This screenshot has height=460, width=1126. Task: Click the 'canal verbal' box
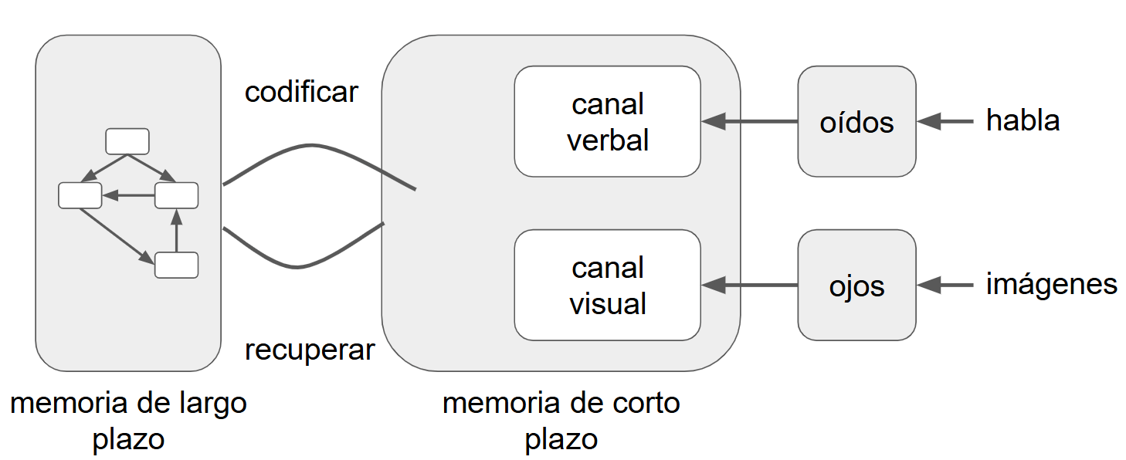[x=607, y=122]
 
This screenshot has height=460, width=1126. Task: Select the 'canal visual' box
[x=607, y=286]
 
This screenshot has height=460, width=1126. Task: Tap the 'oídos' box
[x=856, y=122]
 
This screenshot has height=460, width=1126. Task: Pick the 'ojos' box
[x=856, y=286]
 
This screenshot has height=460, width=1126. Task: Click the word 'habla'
[x=1023, y=120]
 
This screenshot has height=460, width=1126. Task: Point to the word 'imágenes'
[x=1051, y=284]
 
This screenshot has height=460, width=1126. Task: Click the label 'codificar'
[x=301, y=92]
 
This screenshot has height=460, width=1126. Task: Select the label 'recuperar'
[x=309, y=350]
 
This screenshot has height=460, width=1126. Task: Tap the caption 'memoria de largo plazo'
[x=128, y=421]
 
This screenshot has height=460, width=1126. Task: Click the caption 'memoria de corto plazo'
[x=561, y=421]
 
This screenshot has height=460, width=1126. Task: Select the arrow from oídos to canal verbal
[x=749, y=121]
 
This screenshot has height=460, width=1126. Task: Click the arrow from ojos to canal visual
[x=749, y=286]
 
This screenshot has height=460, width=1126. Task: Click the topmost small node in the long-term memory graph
[x=127, y=141]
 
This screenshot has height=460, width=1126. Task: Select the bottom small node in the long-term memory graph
[x=176, y=265]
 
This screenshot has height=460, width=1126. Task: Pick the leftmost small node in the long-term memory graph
[x=80, y=195]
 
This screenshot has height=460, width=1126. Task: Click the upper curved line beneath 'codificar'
[x=313, y=146]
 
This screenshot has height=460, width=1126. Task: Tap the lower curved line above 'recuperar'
[x=297, y=266]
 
